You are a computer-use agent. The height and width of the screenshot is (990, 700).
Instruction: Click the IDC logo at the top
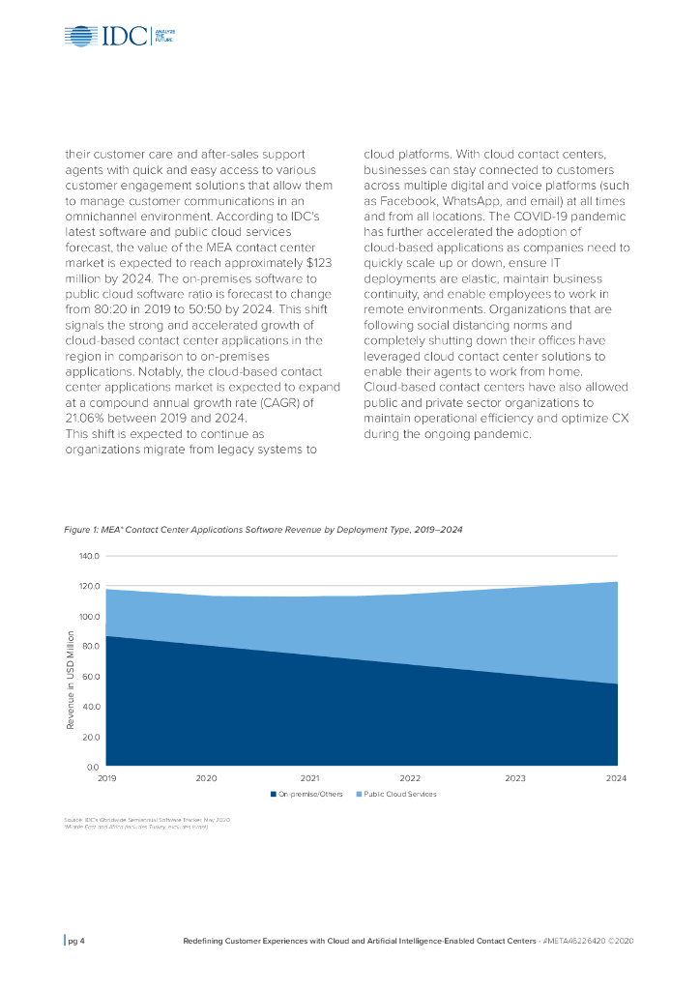pyautogui.click(x=120, y=37)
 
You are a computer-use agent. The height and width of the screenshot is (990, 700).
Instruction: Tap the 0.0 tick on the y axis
pyautogui.click(x=93, y=767)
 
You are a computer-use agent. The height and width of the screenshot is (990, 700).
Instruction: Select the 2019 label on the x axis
pyautogui.click(x=105, y=777)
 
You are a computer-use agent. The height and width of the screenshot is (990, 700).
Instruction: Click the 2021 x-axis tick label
pyautogui.click(x=309, y=777)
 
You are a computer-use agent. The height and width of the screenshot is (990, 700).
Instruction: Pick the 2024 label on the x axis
pyautogui.click(x=616, y=777)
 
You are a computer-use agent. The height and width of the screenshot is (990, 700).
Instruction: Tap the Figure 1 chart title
pyautogui.click(x=270, y=530)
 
